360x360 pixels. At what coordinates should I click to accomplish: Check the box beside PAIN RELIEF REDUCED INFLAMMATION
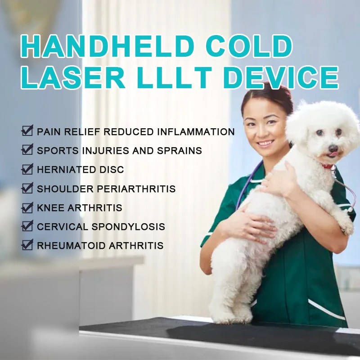(27, 131)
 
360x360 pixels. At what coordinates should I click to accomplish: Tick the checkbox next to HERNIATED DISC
(27, 169)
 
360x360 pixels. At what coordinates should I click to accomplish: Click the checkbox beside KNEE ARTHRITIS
(27, 207)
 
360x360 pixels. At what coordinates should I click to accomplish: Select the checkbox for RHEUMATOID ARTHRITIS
(27, 245)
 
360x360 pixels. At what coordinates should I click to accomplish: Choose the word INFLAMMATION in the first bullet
(196, 131)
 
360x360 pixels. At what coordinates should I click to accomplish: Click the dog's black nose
(333, 148)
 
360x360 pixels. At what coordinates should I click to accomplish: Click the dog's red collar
(328, 166)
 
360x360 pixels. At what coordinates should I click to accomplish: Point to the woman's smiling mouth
(265, 144)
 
